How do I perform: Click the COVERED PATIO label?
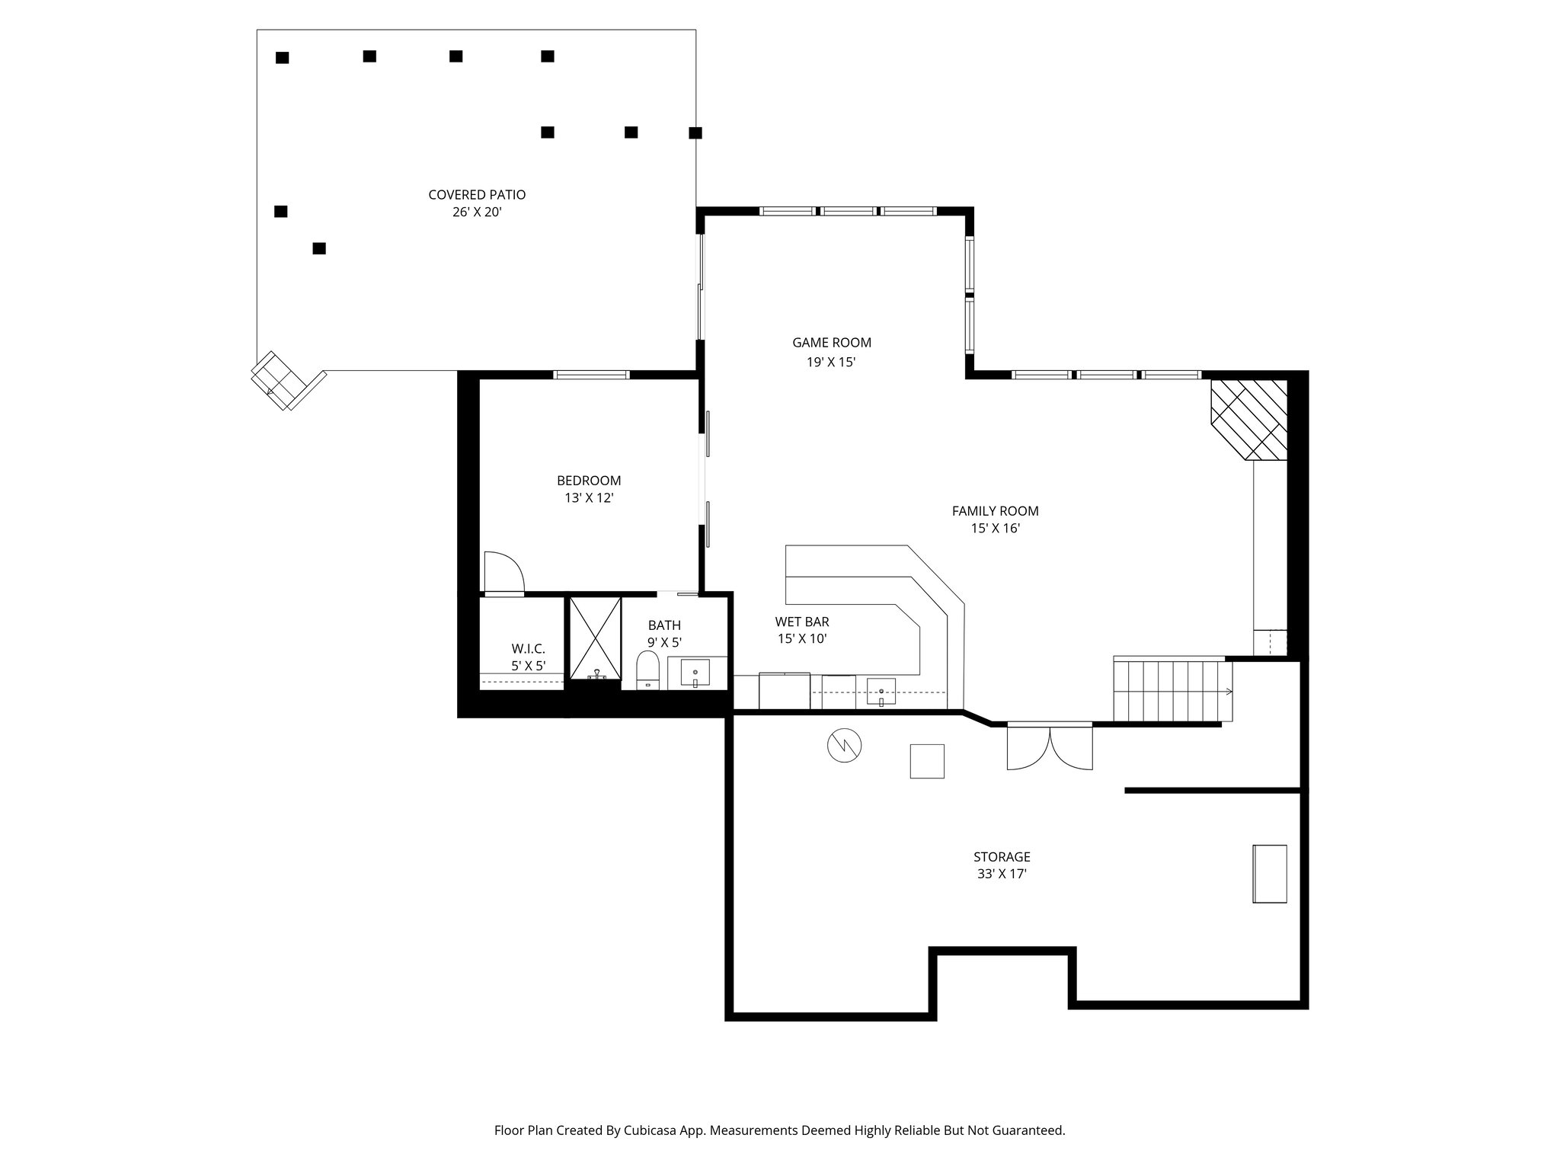(477, 195)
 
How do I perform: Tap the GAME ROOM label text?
(832, 343)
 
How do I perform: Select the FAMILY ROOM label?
(995, 511)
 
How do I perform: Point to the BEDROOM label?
(589, 481)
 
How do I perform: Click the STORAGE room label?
(1002, 857)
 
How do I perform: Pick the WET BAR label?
(802, 622)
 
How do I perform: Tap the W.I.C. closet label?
(528, 649)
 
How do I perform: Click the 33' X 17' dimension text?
(1002, 874)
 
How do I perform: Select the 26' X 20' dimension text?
(477, 213)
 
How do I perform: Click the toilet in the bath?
(647, 670)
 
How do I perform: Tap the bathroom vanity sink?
(695, 674)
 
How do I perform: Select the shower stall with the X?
(595, 638)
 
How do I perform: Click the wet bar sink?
(881, 692)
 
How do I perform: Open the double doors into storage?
(1050, 747)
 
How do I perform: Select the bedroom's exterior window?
(591, 374)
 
